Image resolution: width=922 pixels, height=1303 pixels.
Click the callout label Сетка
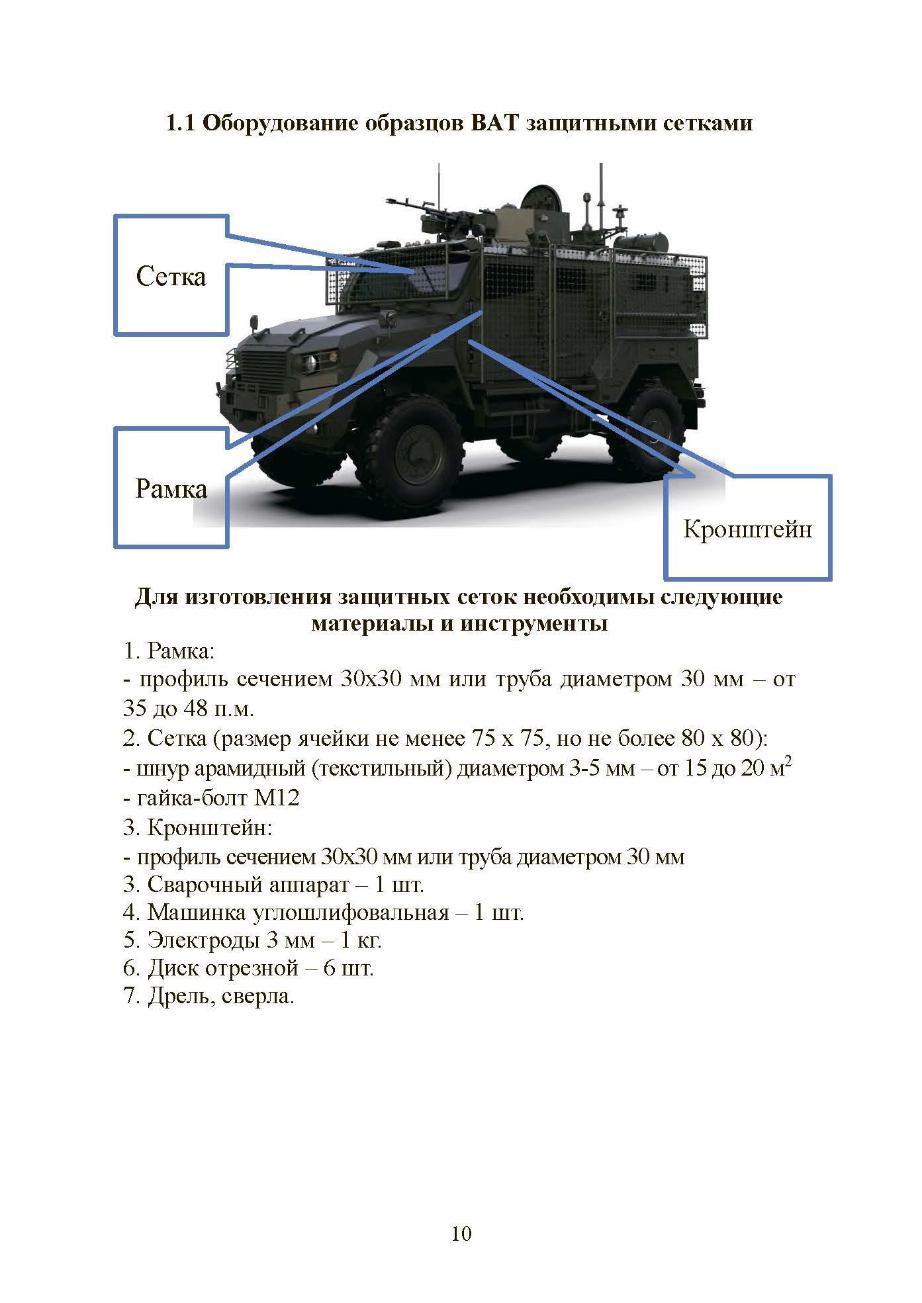pos(171,276)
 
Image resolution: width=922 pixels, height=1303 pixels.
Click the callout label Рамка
pos(171,489)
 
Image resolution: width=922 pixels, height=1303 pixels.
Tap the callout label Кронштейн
pos(747,529)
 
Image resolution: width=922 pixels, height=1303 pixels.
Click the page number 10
pos(461,1233)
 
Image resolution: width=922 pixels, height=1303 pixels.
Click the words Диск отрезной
pos(223,967)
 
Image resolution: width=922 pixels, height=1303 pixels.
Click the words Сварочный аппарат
pos(248,884)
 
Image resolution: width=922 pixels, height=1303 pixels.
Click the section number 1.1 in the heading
pos(180,123)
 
